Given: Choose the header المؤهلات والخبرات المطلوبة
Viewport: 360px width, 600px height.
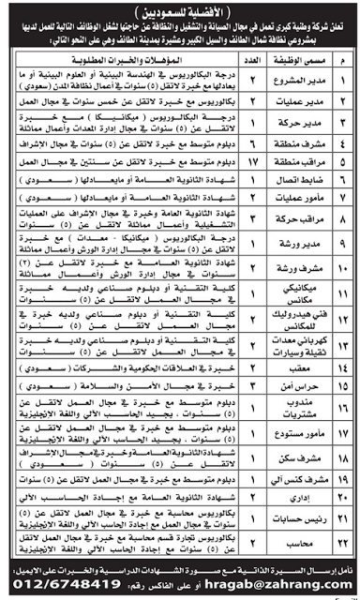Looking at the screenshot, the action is coord(141,62).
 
